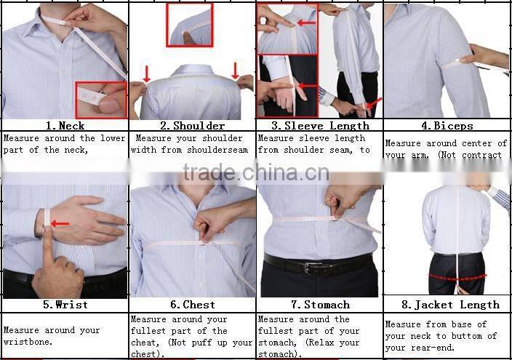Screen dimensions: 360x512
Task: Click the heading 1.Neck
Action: pos(65,126)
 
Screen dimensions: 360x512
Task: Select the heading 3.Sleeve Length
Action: pos(319,126)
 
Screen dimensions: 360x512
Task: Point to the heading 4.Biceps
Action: pos(447,126)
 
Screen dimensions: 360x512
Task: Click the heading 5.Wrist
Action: pos(65,305)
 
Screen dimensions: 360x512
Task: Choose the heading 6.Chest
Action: pos(192,305)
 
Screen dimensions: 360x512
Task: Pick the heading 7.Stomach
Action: pos(319,305)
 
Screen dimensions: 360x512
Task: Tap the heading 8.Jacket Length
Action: pos(447,305)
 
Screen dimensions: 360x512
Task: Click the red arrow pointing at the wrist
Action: pos(60,223)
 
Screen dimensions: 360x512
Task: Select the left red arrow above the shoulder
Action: pos(147,73)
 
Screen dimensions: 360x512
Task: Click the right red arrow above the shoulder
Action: pos(235,71)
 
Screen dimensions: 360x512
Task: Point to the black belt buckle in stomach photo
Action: pos(318,267)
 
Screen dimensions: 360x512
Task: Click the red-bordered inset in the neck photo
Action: pos(101,100)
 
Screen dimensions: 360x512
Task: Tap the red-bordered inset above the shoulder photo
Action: pos(190,25)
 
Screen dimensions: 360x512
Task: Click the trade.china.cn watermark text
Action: pos(256,173)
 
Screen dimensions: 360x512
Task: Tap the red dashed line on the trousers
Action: pos(457,277)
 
